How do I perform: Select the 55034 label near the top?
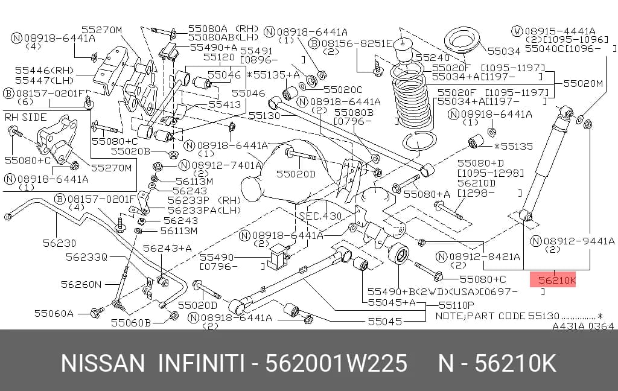coord(504,51)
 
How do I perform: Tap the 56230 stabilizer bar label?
coord(59,243)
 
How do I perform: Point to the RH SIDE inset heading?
coord(25,117)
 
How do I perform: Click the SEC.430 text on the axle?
coord(320,215)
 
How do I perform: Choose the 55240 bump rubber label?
coord(432,57)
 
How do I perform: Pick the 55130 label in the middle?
coord(264,115)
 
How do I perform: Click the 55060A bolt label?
coord(54,313)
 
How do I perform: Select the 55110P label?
coord(456,305)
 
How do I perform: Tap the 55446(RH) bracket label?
coord(45,70)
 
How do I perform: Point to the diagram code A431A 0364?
coord(583,326)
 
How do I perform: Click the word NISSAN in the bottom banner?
coord(103,363)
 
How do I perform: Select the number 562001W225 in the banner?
coord(336,363)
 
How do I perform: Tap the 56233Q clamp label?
coord(86,257)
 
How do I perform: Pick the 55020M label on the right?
coord(583,83)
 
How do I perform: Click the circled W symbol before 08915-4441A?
coord(517,31)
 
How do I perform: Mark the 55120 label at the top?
coord(219,57)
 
